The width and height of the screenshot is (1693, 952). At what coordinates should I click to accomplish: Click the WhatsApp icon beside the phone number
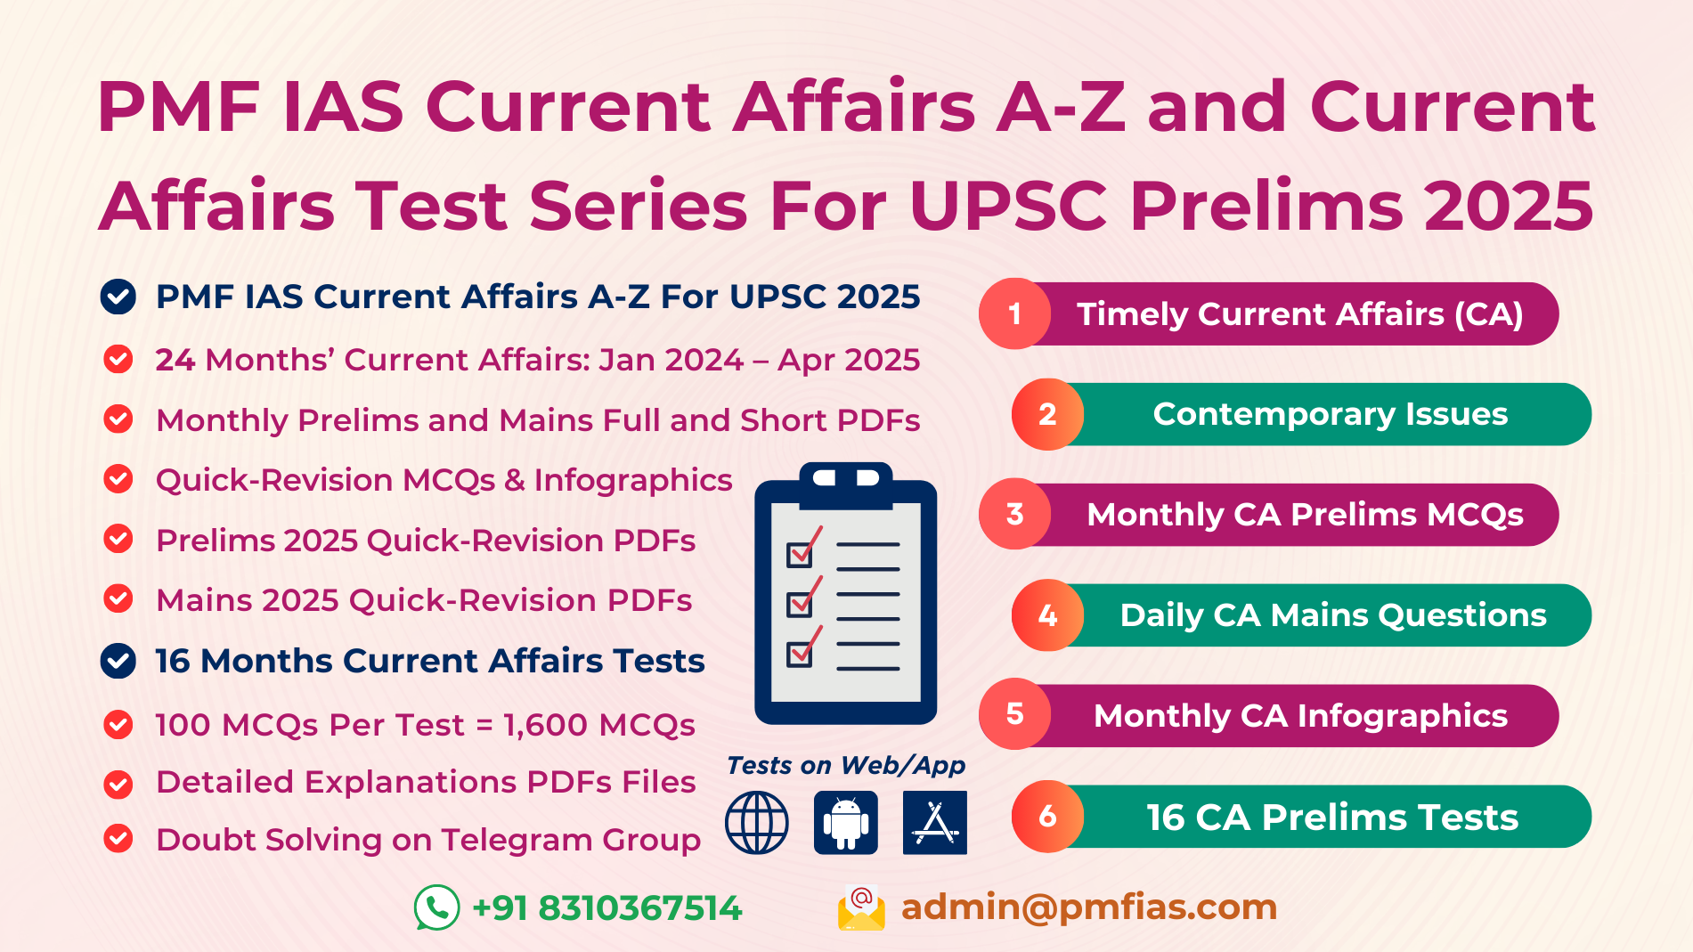pos(436,907)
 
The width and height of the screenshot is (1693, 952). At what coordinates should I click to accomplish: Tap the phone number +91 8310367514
pos(607,908)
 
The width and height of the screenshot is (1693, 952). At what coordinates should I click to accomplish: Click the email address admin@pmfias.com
pos(1088,907)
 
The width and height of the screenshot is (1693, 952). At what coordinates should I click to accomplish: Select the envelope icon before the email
pos(861,908)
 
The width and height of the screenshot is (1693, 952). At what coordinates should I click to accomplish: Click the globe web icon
pos(756,822)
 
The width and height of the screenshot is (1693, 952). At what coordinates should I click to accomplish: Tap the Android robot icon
pos(845,822)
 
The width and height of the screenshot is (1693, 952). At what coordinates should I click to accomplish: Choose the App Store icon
pos(934,822)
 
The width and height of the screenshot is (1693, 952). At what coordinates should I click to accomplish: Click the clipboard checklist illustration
pos(845,592)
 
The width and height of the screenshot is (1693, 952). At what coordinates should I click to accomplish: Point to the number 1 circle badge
pos(1014,313)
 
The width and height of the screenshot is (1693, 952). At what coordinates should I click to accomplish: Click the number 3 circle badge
pos(1014,514)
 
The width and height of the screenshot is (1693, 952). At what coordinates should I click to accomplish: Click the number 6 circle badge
pos(1047,816)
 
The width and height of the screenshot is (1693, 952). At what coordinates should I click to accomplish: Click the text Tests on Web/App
pos(845,765)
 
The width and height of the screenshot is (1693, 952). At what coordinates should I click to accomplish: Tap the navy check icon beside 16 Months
pos(118,661)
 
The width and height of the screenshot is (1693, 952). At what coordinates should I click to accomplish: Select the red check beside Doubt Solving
pos(118,839)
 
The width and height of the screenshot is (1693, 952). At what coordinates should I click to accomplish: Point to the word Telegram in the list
pos(517,839)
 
